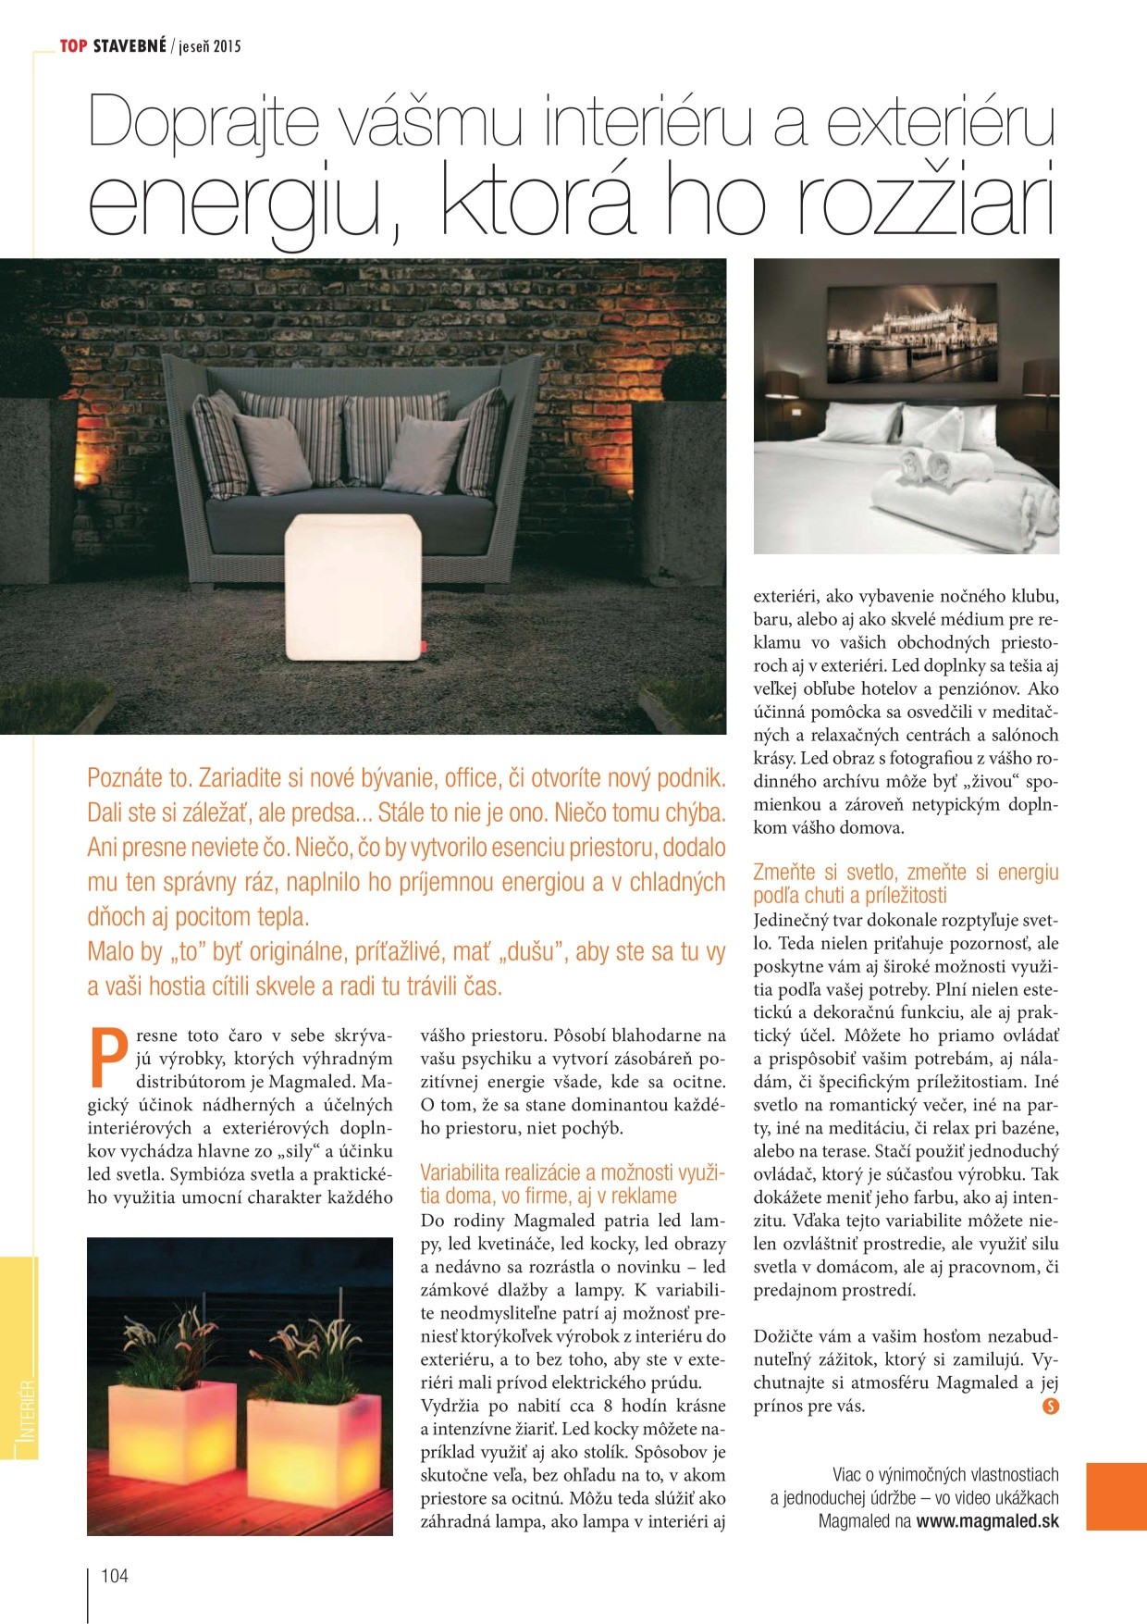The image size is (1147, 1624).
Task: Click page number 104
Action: [115, 1576]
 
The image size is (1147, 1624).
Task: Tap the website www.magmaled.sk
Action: [987, 1521]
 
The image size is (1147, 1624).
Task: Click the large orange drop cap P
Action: [107, 1057]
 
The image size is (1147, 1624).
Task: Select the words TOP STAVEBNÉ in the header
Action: [113, 45]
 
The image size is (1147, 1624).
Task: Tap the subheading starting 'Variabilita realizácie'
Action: [573, 1184]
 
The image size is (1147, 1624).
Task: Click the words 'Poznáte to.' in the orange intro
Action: [140, 777]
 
